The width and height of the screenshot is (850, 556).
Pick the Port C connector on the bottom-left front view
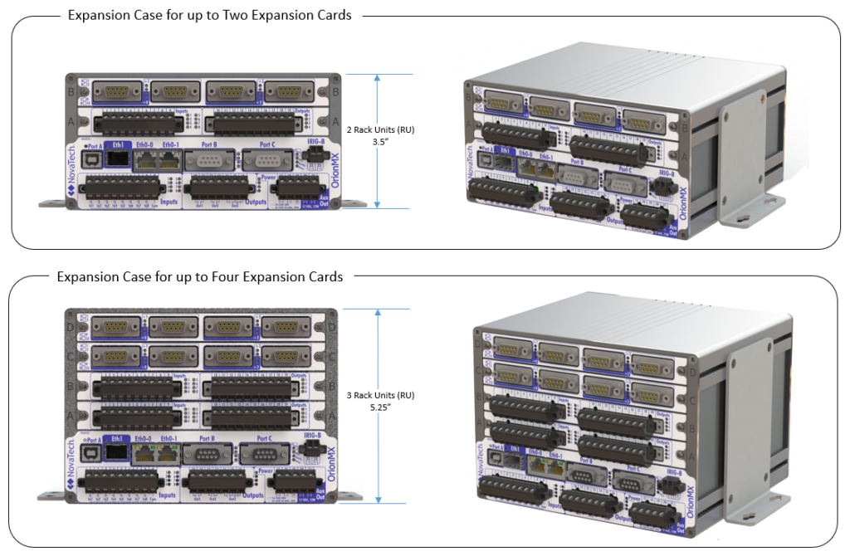264,453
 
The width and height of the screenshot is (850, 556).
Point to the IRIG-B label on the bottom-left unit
313,435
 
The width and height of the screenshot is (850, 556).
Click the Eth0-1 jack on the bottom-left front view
169,452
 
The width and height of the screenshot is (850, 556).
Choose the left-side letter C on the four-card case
71,358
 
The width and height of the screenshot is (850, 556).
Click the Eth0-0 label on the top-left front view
146,144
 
